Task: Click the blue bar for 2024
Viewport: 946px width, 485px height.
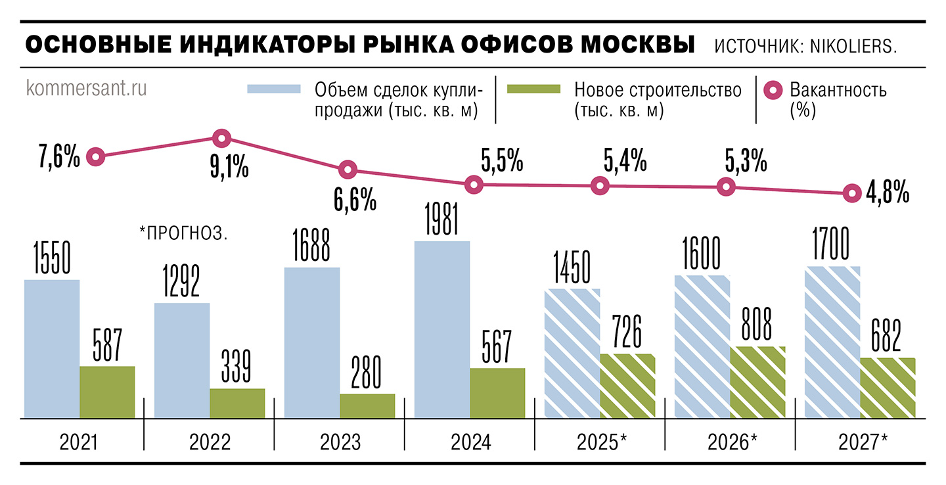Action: (x=442, y=329)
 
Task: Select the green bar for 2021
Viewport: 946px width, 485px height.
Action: (x=107, y=392)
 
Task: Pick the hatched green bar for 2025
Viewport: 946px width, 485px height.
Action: (x=627, y=385)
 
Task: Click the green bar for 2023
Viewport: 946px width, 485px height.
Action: (x=367, y=405)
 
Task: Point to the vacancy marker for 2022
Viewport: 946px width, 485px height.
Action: (x=221, y=138)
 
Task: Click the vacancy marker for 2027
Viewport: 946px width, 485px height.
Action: (x=852, y=193)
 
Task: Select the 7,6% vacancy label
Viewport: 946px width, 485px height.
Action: (x=58, y=158)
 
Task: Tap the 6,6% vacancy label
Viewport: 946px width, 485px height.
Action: (x=355, y=198)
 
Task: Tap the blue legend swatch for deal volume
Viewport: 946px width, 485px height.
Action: (x=274, y=89)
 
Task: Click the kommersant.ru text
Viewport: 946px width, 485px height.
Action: (x=86, y=89)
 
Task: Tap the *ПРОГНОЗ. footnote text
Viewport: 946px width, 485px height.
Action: (x=184, y=233)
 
